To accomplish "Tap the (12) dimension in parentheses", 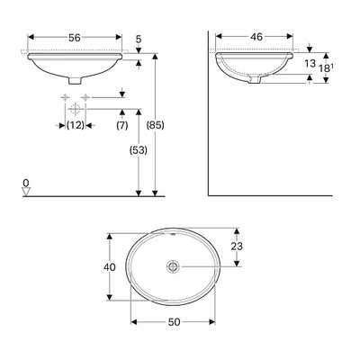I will click(76, 124).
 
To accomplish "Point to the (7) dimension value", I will click(121, 124).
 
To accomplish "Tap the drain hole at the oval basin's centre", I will click(173, 266).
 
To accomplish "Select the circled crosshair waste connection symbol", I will click(86, 109).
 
